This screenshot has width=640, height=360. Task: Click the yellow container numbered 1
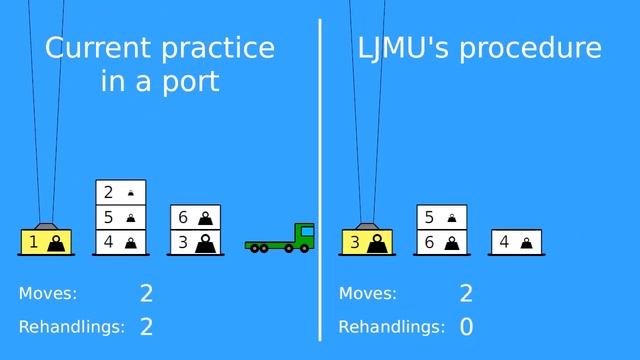[x=44, y=241]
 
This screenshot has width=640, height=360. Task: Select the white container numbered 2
[x=120, y=191]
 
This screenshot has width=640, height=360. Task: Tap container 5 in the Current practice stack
[x=120, y=216]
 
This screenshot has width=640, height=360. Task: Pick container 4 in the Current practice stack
[x=120, y=241]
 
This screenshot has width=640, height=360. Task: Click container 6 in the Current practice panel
[x=194, y=217]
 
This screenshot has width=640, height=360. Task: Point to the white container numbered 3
[x=194, y=241]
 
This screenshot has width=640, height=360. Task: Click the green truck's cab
[x=303, y=235]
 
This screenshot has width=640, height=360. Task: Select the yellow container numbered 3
[x=366, y=241]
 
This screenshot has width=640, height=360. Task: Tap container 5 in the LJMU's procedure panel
[x=441, y=217]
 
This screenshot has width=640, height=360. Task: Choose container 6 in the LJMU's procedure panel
[x=441, y=241]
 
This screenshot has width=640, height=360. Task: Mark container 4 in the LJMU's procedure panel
[x=516, y=241]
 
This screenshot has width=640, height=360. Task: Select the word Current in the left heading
[x=96, y=48]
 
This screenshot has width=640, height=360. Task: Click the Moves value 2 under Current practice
[x=146, y=293]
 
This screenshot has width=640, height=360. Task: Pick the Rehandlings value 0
[x=466, y=327]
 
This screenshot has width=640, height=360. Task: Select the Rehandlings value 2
[x=146, y=327]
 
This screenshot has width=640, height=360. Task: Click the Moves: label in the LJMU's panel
[x=367, y=293]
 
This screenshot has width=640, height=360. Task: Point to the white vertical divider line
[x=320, y=180]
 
